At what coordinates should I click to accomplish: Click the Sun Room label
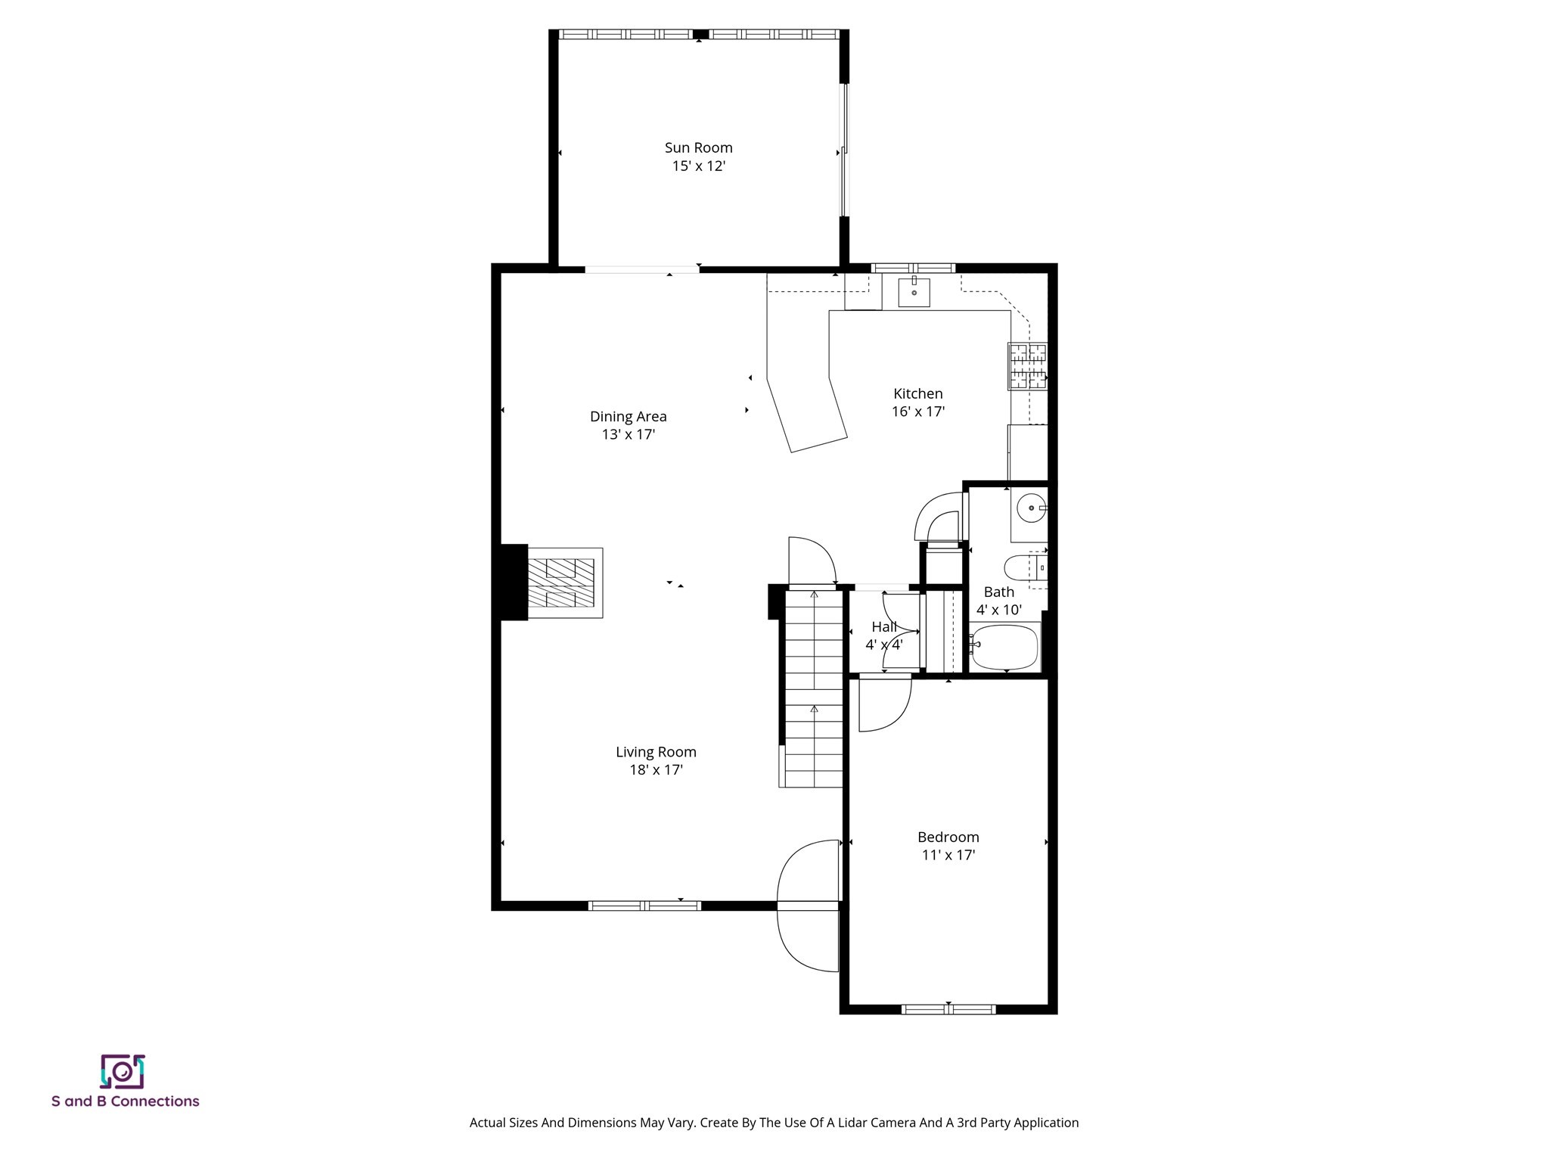point(698,148)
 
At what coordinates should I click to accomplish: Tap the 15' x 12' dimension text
point(698,166)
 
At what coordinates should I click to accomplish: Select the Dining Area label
point(628,416)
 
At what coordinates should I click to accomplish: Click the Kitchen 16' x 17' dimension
point(917,412)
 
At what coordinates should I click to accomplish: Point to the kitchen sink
point(914,292)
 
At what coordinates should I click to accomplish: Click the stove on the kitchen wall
point(1028,367)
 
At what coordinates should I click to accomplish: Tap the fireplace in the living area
point(560,583)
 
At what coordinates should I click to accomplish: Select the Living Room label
point(655,752)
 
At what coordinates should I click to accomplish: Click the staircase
point(813,688)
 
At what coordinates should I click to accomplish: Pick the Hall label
point(883,626)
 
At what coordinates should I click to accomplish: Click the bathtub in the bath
point(1004,647)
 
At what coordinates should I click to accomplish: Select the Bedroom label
point(948,837)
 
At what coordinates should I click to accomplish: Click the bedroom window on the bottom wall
point(948,1008)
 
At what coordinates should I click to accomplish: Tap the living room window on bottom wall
point(644,905)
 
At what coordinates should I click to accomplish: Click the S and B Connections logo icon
point(123,1071)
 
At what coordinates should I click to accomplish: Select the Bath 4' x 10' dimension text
point(998,610)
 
